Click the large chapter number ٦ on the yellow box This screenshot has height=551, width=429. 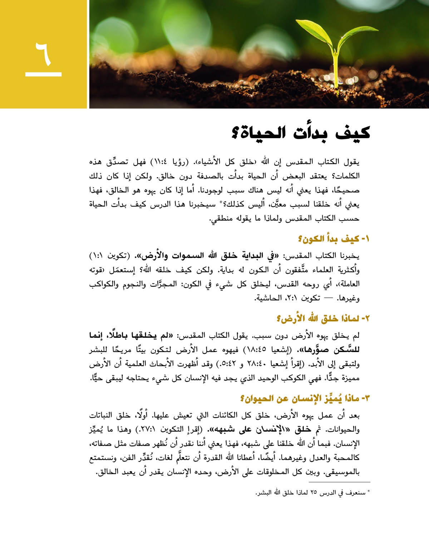43,53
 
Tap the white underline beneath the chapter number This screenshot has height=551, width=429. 43,74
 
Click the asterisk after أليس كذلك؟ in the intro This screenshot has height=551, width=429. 221,202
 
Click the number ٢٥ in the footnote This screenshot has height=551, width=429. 313,493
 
